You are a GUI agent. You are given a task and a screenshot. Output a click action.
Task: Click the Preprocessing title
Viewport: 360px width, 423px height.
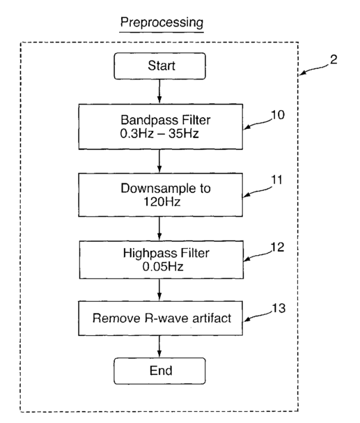coord(162,23)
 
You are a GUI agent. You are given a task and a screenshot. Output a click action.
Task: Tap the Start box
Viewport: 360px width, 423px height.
coord(159,66)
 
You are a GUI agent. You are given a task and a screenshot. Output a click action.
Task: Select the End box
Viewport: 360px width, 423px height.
coord(159,371)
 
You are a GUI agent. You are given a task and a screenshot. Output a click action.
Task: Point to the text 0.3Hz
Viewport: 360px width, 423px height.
coord(137,134)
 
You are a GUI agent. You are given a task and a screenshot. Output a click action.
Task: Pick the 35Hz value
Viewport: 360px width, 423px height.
coord(184,134)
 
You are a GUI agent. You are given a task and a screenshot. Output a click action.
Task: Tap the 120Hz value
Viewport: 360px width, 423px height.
coord(162,202)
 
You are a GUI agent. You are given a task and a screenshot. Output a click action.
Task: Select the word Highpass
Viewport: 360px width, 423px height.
coord(150,254)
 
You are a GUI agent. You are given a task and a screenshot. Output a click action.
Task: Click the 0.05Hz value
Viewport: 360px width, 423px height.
coord(163,267)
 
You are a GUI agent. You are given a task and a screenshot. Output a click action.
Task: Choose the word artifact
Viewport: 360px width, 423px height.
coord(212,318)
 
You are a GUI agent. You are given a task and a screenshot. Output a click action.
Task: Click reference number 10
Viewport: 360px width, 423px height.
coord(278,115)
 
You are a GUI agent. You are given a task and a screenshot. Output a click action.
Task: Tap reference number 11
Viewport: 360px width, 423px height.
coord(277,180)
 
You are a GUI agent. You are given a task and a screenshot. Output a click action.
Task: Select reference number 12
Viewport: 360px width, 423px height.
coord(278,247)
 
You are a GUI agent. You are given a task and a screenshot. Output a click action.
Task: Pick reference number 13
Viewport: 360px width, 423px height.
coord(279,308)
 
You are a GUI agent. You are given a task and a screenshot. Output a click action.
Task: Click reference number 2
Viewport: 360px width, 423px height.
coord(334,60)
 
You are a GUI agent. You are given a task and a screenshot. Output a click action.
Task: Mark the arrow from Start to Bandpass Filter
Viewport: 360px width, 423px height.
coord(159,91)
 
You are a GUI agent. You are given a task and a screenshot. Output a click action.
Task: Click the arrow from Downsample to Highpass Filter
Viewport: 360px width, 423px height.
coord(159,229)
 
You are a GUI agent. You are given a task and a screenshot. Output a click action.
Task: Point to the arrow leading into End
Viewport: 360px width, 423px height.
coord(159,346)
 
